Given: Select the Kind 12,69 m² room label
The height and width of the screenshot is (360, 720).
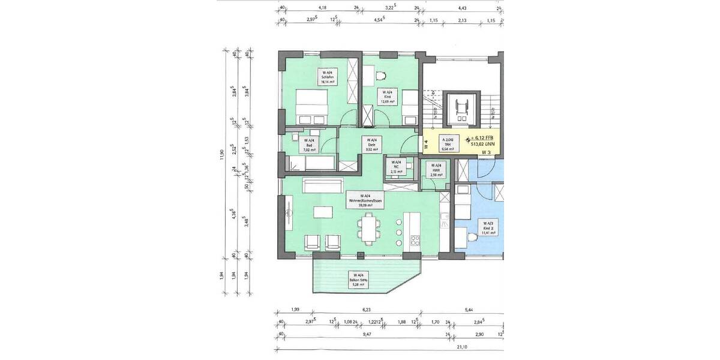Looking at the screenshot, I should pyautogui.click(x=389, y=97).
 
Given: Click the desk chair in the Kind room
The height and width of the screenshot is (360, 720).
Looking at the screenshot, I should pyautogui.click(x=380, y=76).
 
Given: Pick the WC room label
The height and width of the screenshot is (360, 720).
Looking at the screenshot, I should pyautogui.click(x=395, y=166).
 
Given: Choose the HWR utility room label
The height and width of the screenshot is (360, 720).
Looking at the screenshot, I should pyautogui.click(x=437, y=169).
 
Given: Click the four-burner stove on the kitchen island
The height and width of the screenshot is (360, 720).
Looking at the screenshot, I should pyautogui.click(x=415, y=242).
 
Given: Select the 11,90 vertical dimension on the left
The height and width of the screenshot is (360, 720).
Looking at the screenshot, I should pyautogui.click(x=222, y=156).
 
